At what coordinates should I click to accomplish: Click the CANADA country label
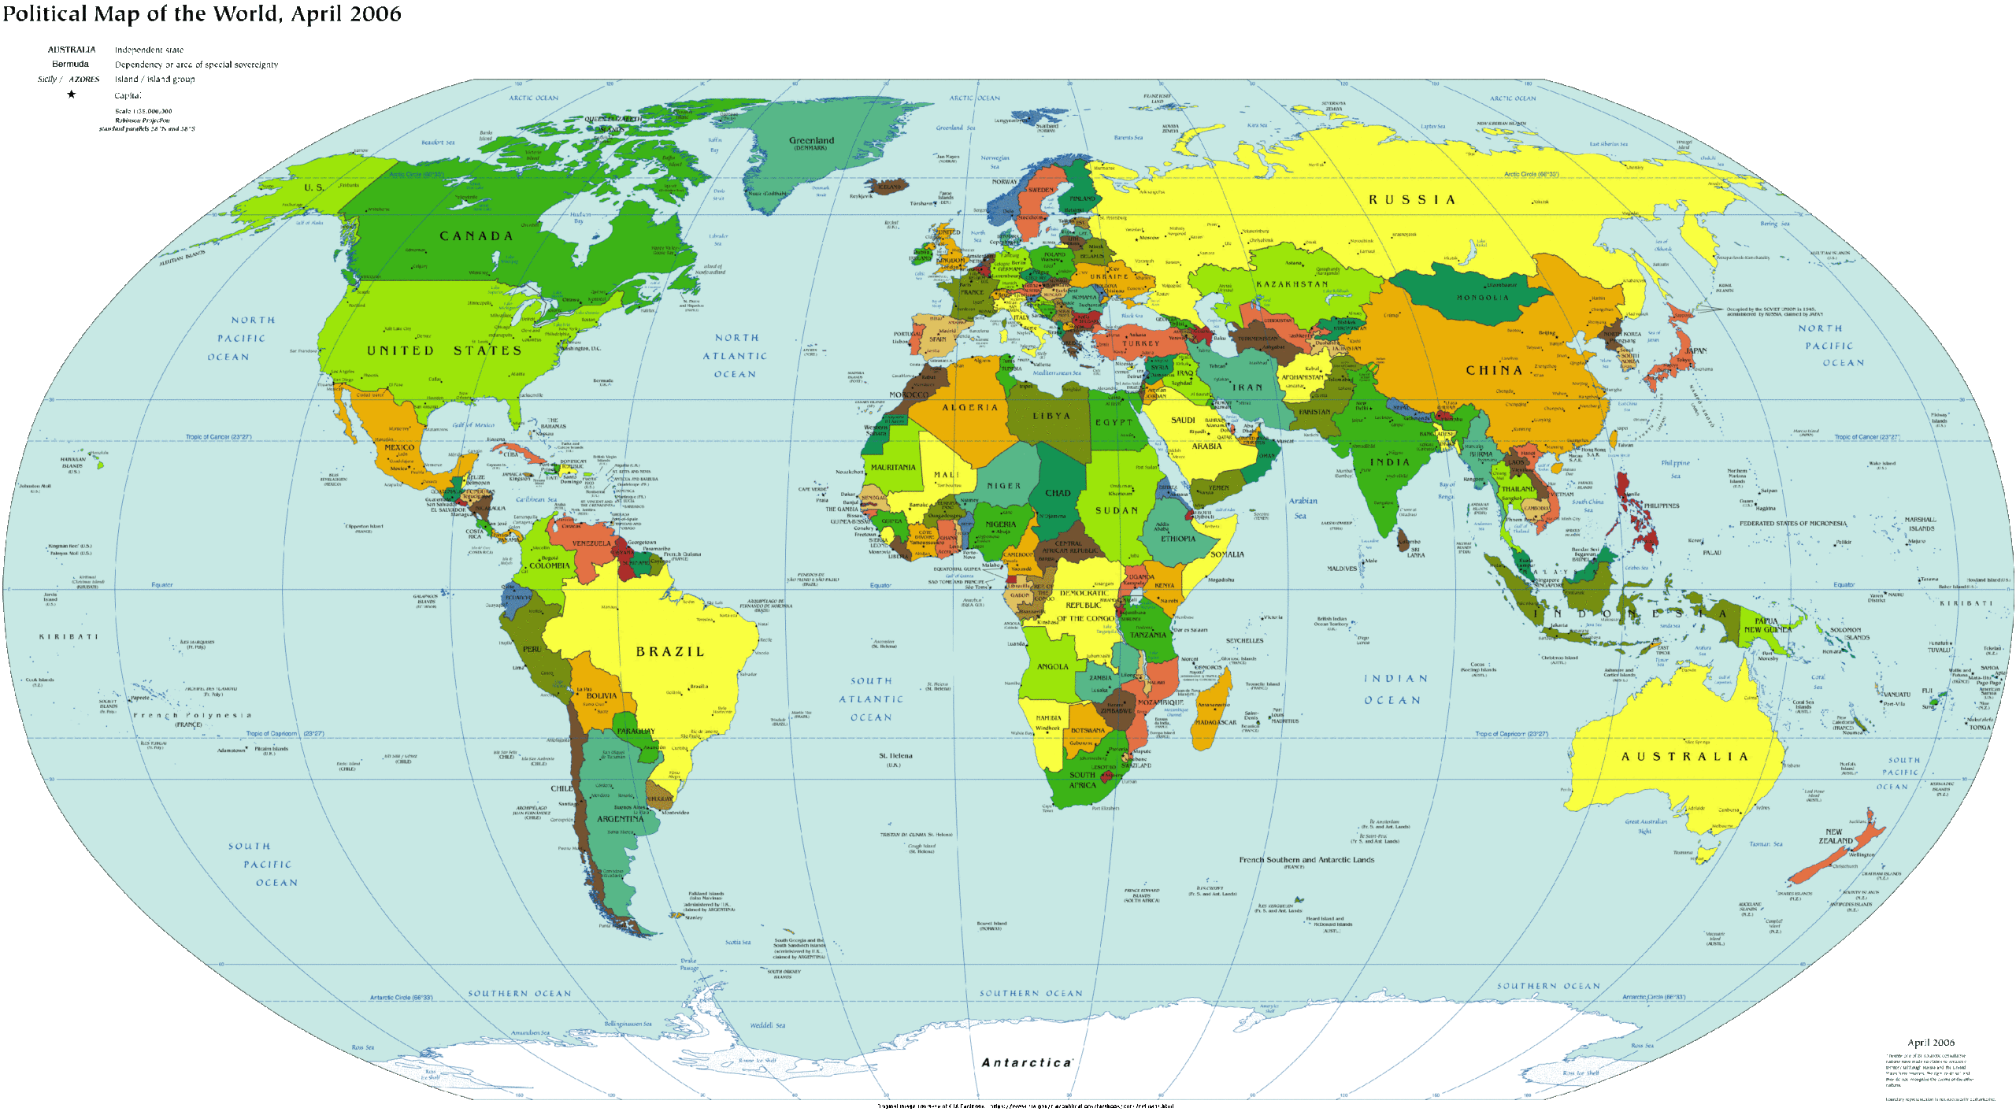(x=476, y=236)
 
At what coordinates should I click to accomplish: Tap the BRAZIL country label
(x=670, y=652)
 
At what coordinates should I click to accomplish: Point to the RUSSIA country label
(x=1411, y=200)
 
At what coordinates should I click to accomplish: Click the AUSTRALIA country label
(x=1684, y=757)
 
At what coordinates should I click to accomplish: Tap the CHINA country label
(x=1494, y=370)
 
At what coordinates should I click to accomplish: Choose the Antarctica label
(x=1027, y=1062)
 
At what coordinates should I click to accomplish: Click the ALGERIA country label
(x=970, y=408)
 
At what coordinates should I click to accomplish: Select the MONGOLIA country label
(x=1483, y=298)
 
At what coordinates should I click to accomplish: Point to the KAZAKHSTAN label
(x=1291, y=284)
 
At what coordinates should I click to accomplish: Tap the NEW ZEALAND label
(x=1835, y=836)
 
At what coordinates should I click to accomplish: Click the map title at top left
(x=201, y=14)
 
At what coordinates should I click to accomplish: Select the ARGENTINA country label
(x=620, y=819)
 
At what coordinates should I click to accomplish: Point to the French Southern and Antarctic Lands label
(x=1306, y=860)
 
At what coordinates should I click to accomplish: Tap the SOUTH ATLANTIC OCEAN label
(x=871, y=699)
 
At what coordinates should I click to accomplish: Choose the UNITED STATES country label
(x=443, y=351)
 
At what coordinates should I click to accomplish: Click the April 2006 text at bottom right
(x=1930, y=1043)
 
